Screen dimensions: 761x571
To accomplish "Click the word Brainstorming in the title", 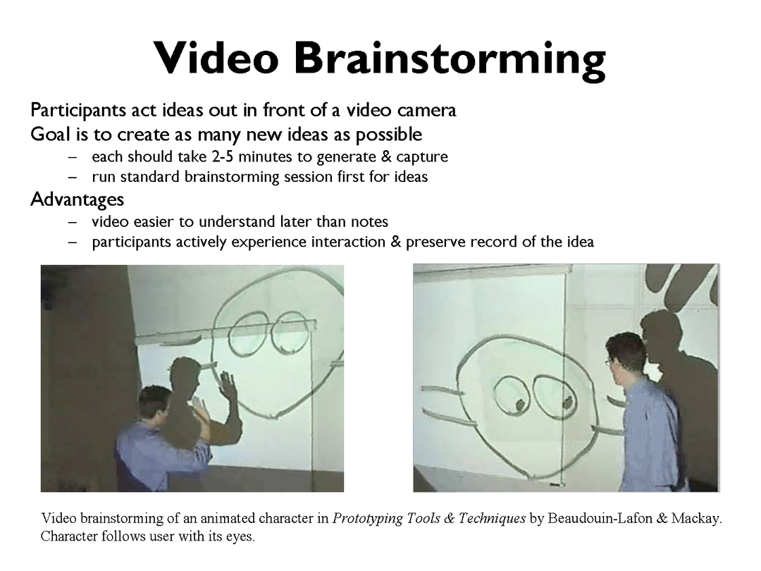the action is [x=450, y=59].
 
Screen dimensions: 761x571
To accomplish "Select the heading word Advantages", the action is [x=78, y=199].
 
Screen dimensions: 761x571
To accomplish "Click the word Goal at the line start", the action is [x=51, y=134].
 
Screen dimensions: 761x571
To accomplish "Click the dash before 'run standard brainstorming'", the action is [x=73, y=177].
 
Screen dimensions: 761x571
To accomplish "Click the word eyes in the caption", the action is [x=240, y=537].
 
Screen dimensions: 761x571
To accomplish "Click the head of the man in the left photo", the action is [x=155, y=403].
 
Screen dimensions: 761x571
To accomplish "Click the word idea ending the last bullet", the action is [x=580, y=241].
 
